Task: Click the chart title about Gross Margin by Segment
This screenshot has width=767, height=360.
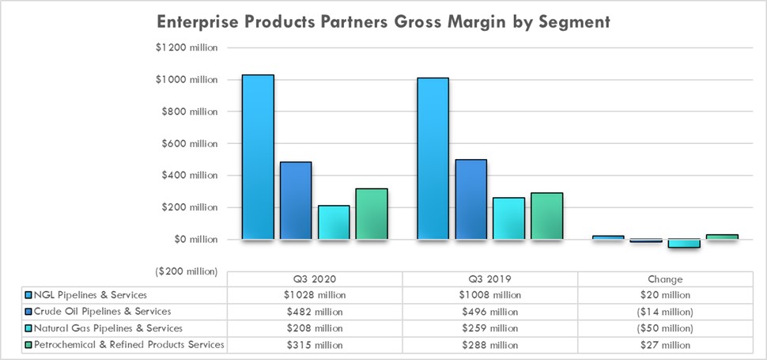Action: [x=383, y=21]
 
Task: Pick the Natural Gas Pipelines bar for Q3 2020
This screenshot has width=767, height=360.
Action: [x=334, y=222]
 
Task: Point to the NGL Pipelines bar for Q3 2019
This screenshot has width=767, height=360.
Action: [x=433, y=158]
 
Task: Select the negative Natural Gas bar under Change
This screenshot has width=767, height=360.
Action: [x=683, y=244]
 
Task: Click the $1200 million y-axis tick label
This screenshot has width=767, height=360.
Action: [x=187, y=47]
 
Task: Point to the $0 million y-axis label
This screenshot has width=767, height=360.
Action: [x=193, y=239]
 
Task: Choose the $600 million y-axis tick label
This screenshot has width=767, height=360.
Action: [x=189, y=143]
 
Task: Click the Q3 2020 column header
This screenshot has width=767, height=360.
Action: [x=314, y=279]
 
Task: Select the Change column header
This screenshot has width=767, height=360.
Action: [x=664, y=279]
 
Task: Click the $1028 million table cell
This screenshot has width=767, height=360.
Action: [x=314, y=295]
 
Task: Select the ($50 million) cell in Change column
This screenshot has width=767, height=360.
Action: [x=664, y=328]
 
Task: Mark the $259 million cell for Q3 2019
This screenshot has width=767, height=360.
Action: [x=489, y=328]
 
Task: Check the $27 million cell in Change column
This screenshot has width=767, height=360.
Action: [x=664, y=345]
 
